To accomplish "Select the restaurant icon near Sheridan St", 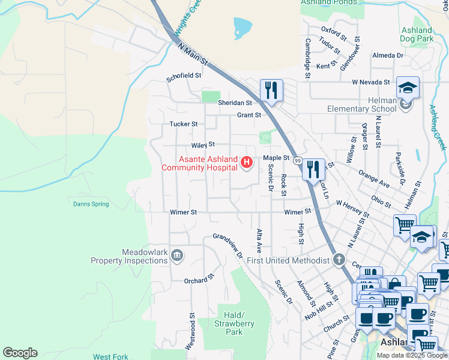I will (x=271, y=90).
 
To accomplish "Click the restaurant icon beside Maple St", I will (x=313, y=169).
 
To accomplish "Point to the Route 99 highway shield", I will (x=297, y=160).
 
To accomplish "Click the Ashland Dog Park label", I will (x=417, y=34).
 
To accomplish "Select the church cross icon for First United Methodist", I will (x=339, y=260).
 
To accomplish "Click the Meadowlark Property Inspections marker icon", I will (x=177, y=256).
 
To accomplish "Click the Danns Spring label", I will (x=91, y=204).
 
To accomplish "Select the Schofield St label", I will (x=184, y=76).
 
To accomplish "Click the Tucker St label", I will (x=184, y=124).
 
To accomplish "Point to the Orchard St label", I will (x=199, y=280).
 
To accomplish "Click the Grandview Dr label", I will (x=227, y=246).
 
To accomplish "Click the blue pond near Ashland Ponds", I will (x=243, y=26).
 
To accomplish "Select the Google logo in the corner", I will (x=20, y=353).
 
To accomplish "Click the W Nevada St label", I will (x=371, y=82).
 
